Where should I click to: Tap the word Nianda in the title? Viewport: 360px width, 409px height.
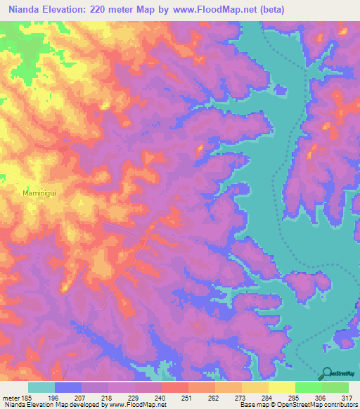tap(22, 9)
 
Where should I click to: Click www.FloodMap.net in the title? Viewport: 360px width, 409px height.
tap(251, 9)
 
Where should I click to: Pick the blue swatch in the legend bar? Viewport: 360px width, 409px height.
tap(67, 387)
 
